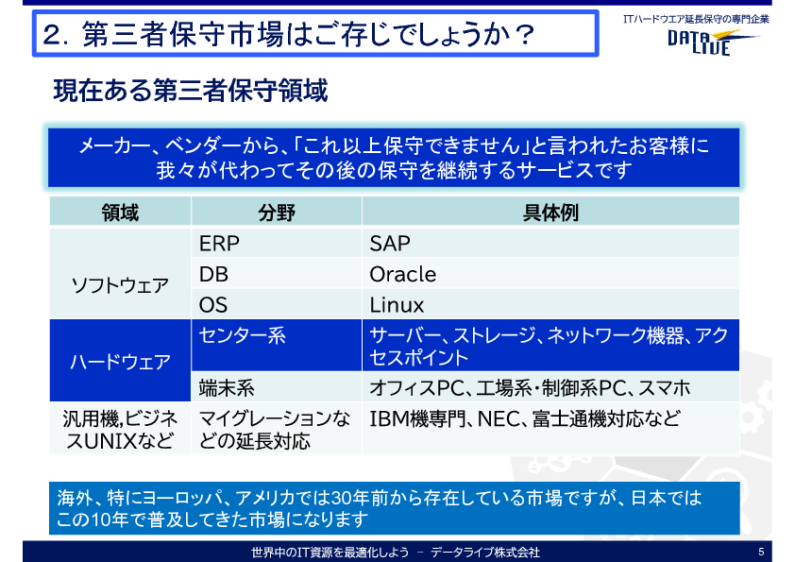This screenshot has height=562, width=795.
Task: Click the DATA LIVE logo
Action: (x=712, y=42)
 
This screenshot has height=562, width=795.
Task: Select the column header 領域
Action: (x=120, y=213)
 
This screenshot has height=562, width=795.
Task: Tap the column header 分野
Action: (x=277, y=213)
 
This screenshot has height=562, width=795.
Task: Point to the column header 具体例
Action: (x=550, y=213)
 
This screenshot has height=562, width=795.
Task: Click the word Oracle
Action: (x=402, y=275)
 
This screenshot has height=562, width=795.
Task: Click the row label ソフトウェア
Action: (x=120, y=285)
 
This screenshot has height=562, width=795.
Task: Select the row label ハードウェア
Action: (x=120, y=362)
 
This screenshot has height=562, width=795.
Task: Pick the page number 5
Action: (x=761, y=552)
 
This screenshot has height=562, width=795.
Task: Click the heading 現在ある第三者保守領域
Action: (x=191, y=91)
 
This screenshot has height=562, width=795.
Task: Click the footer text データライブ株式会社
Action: (x=485, y=553)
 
